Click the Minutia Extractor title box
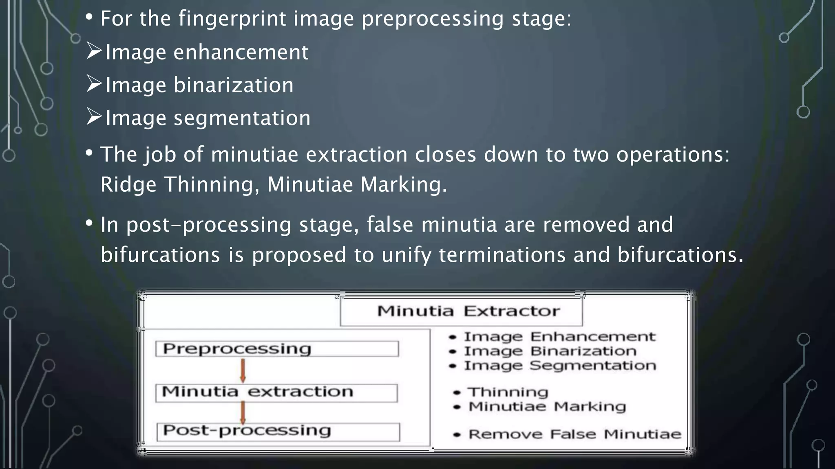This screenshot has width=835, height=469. pos(461,311)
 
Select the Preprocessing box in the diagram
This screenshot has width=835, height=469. pos(277,349)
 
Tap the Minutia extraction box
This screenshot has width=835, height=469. pos(276,392)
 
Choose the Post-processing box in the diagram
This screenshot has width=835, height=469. pos(278,432)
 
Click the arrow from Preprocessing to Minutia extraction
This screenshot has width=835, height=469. pos(243,370)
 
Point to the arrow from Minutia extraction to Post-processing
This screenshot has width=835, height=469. pos(243,412)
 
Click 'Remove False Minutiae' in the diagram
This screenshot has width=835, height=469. pos(574,434)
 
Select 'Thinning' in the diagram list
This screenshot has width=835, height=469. pos(508,392)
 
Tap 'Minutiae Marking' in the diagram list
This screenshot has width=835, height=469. pos(547,407)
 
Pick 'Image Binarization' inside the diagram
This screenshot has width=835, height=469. pos(550,351)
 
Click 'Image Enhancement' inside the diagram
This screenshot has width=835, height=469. pos(559,337)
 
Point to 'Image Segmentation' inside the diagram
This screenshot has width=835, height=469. pos(560,366)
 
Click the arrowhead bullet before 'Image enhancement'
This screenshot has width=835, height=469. pos(94,51)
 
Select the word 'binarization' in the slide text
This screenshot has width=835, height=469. pos(234,85)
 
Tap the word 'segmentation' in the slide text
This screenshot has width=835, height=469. pos(242,118)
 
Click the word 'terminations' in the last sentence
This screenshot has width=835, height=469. pos(502,255)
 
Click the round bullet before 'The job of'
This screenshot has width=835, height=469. pos(89,153)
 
